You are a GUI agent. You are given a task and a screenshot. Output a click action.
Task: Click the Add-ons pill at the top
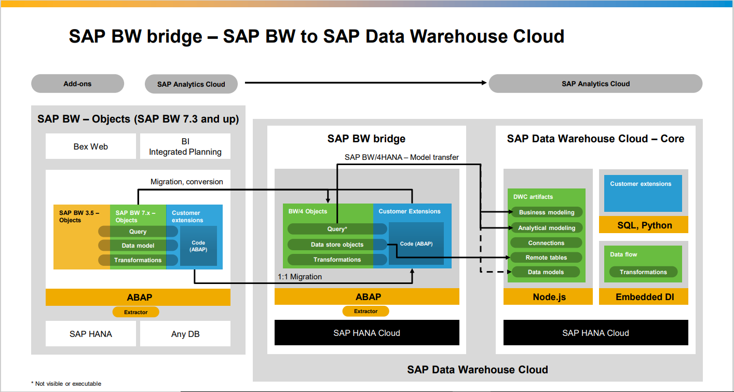(x=78, y=84)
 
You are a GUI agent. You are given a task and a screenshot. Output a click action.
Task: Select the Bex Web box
(x=91, y=146)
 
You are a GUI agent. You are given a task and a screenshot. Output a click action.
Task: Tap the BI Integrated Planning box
(x=185, y=146)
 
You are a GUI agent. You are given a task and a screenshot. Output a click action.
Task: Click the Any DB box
(x=185, y=334)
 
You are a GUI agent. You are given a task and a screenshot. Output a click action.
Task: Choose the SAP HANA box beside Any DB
(x=91, y=334)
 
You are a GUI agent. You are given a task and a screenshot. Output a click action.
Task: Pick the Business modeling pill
(x=547, y=212)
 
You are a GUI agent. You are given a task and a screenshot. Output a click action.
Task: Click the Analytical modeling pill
(x=547, y=228)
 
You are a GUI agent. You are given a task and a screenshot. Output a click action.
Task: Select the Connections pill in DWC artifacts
(x=546, y=243)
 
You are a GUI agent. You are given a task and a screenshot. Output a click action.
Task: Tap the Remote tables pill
(x=546, y=258)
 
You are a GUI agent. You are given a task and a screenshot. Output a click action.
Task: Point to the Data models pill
(x=546, y=272)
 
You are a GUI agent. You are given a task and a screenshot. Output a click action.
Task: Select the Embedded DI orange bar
(x=644, y=296)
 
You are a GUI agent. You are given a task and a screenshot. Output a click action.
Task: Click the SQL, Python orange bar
(x=644, y=225)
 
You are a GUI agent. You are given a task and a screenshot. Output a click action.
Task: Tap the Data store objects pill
(x=337, y=245)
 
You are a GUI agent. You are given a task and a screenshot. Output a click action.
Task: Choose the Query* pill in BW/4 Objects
(x=337, y=229)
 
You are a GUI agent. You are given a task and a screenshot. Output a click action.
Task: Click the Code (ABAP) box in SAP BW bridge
(x=416, y=244)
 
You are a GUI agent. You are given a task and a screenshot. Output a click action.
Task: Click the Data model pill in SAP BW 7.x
(x=138, y=246)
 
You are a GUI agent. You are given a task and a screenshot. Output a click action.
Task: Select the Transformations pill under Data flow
(x=643, y=272)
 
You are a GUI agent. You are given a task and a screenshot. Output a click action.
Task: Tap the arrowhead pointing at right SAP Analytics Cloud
(x=484, y=83)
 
